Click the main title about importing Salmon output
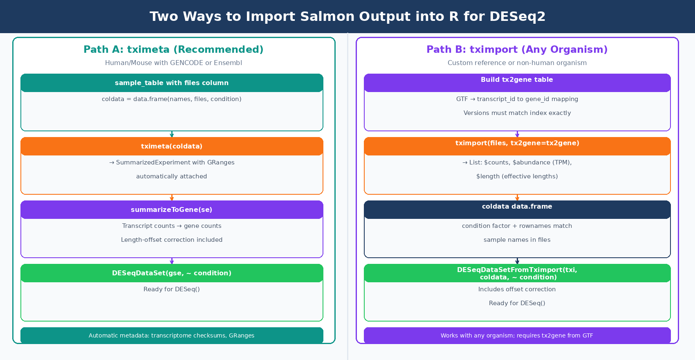pos(347,16)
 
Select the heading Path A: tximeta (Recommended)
pos(173,49)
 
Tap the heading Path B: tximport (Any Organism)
pos(517,49)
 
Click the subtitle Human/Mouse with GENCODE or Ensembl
pos(173,63)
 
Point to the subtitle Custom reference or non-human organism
pos(517,63)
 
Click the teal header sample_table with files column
pos(172,83)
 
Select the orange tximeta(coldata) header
pos(172,146)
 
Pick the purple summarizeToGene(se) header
pos(172,210)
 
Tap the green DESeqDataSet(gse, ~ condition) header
pos(172,273)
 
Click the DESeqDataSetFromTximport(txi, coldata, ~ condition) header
pos(517,273)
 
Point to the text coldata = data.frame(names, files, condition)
pos(172,99)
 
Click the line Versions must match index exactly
pos(517,113)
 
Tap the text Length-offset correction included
pos(172,240)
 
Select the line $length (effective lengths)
pos(517,176)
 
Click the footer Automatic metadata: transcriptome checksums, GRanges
pos(172,335)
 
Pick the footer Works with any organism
pos(517,335)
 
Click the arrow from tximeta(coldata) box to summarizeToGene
pos(172,198)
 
